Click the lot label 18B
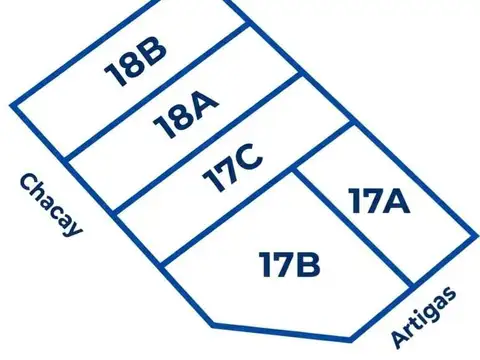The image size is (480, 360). click(x=135, y=62)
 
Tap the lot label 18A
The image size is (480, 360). click(x=186, y=114)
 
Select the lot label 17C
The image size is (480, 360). click(x=233, y=168)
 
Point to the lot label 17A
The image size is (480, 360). click(x=379, y=201)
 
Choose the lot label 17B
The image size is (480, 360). click(x=290, y=264)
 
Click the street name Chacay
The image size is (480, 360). click(x=51, y=206)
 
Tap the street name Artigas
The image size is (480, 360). click(x=424, y=317)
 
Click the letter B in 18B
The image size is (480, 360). click(x=151, y=52)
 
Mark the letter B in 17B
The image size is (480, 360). click(x=306, y=264)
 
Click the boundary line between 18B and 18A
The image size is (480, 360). click(x=158, y=91)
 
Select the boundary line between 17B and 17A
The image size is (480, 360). click(x=353, y=229)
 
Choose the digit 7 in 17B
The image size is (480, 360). click(x=281, y=264)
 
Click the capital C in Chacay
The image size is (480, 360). click(x=29, y=182)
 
